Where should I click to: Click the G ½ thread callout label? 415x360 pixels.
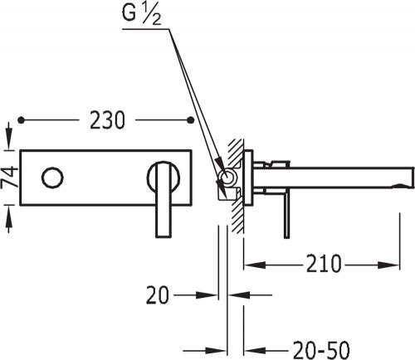tap(141, 15)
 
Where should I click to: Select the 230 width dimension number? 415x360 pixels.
tap(107, 120)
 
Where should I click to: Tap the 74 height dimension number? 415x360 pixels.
tap(9, 177)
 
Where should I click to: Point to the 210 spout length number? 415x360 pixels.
tap(324, 264)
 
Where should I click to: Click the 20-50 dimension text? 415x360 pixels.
tap(321, 350)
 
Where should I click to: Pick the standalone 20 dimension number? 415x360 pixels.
tap(157, 295)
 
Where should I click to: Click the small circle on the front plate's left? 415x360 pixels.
tap(52, 178)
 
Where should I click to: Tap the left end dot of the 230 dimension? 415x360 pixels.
tap(21, 120)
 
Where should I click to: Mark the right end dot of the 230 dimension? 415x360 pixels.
tap(191, 119)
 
